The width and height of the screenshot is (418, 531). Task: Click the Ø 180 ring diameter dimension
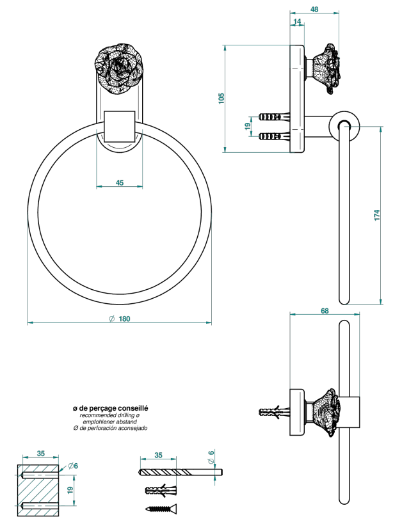(120, 319)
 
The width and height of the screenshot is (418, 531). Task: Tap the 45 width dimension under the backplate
(120, 182)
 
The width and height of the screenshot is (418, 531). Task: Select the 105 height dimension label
(221, 99)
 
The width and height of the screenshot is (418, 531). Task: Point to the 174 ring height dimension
(377, 216)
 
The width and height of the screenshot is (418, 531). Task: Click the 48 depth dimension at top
(314, 10)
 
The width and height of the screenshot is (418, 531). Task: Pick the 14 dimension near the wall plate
(297, 22)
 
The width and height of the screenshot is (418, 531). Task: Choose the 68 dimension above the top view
(325, 310)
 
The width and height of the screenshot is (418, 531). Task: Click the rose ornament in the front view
(119, 68)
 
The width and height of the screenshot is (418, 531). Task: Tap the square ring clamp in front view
(120, 126)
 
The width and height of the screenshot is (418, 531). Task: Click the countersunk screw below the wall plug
(161, 509)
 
